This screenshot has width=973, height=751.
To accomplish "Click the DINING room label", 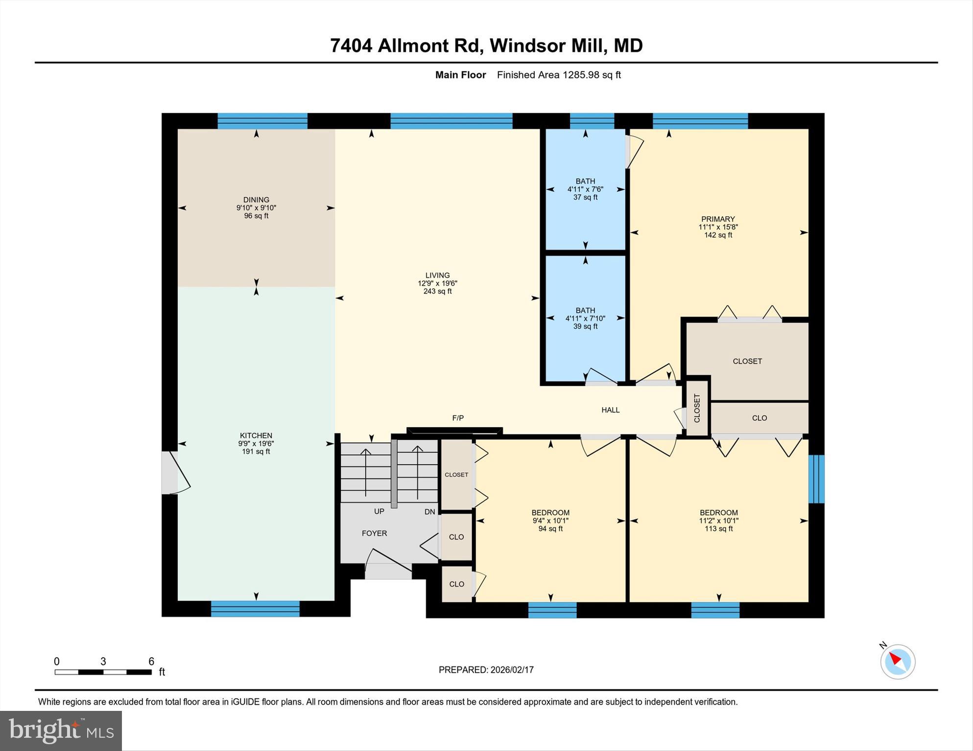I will coord(256,200).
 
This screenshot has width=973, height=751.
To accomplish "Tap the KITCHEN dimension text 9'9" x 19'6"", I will coord(256,444).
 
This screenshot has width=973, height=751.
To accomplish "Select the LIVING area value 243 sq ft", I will coord(437,292).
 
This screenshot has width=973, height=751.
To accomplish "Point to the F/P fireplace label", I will coord(458,418).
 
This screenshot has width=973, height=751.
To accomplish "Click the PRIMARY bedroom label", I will coord(718,219).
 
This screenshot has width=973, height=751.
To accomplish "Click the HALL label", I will coord(610,410).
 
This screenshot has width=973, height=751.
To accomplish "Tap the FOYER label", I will coord(374,533).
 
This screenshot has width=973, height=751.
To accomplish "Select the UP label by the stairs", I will coord(379,511).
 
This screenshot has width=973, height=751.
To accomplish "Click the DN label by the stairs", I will coord(429,512).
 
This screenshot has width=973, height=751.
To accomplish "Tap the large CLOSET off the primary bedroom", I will coord(747,361).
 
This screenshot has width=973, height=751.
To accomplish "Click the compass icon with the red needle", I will coord(897,661).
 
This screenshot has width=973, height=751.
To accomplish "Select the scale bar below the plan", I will coord(103,672).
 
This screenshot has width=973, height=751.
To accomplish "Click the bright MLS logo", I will coord(61,730).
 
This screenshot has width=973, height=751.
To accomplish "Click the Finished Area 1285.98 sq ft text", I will coord(558,75).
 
